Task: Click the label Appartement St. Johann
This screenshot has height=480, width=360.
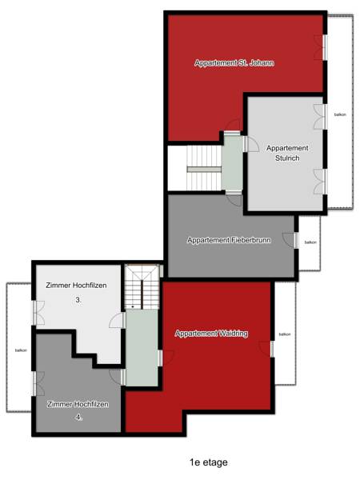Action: [x=234, y=63]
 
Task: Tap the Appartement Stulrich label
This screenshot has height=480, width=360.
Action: [x=287, y=153]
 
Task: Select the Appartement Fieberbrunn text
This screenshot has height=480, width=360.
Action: [x=229, y=240]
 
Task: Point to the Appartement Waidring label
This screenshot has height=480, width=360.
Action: [x=211, y=334]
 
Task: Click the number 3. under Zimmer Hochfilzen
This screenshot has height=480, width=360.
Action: [x=78, y=300]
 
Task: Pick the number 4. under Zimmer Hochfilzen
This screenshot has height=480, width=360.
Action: [x=79, y=417]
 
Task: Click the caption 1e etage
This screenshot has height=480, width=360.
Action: [x=209, y=462]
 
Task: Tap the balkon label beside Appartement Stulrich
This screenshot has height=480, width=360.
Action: [x=340, y=114]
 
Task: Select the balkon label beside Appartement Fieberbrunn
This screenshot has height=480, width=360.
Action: [x=310, y=242]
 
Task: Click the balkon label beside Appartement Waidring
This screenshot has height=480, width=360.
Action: [x=285, y=334]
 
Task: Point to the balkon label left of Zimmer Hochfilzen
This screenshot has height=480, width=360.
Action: [x=21, y=350]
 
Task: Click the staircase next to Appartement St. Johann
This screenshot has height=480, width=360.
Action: [x=204, y=168]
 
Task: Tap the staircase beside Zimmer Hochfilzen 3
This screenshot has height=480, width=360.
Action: [x=142, y=287]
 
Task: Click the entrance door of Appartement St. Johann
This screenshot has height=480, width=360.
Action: [x=233, y=126]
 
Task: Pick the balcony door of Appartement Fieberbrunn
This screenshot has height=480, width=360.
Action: [x=290, y=240]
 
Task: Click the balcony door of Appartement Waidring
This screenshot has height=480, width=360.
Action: [x=266, y=349]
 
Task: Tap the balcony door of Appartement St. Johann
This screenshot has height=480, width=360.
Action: [x=321, y=47]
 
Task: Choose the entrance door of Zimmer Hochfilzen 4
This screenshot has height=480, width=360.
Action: [x=117, y=377]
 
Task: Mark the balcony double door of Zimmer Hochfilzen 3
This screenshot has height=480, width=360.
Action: [x=39, y=313]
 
